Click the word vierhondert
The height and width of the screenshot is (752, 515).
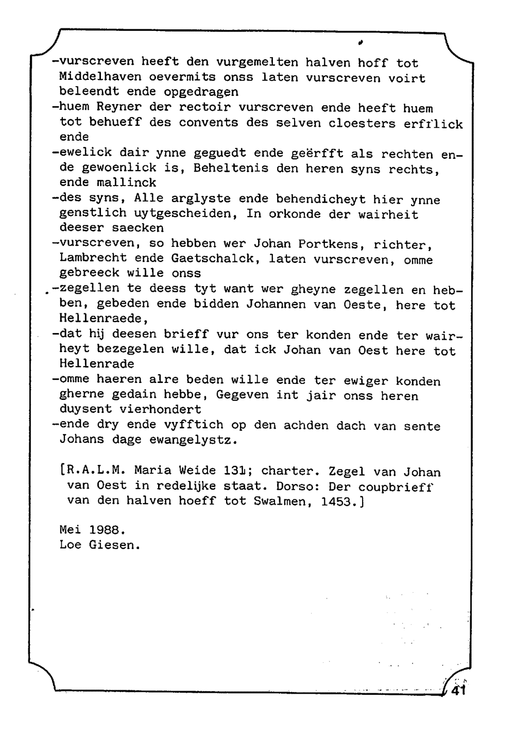click(x=160, y=410)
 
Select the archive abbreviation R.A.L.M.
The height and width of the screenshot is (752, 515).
click(x=94, y=471)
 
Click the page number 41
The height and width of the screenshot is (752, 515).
click(x=458, y=691)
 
